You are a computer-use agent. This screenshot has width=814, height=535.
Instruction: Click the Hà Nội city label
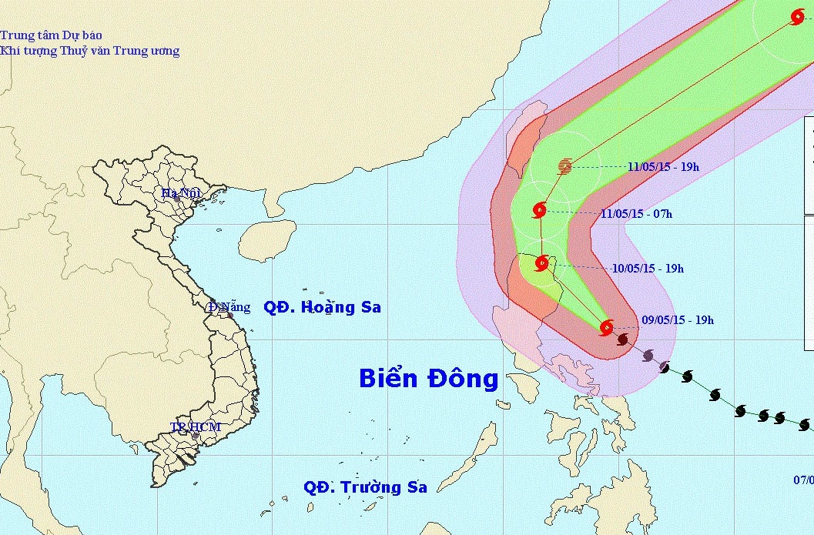[179, 193]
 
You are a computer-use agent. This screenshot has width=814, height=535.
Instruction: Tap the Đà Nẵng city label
[229, 307]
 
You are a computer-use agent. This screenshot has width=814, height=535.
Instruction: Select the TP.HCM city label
[196, 427]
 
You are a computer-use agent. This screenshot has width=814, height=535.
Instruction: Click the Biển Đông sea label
[429, 379]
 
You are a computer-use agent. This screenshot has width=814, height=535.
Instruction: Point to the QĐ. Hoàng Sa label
[322, 307]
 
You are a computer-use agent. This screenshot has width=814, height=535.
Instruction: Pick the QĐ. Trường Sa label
[365, 487]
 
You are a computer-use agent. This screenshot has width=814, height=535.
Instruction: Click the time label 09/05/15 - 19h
[677, 320]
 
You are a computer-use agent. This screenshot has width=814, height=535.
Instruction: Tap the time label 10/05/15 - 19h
[648, 269]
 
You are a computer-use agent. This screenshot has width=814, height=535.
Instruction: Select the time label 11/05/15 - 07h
[635, 214]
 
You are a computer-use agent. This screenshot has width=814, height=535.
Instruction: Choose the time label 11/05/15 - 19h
[663, 166]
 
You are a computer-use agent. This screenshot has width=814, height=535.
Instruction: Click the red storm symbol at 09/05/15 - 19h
[606, 328]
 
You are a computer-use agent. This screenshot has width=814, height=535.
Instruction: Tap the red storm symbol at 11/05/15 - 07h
[539, 209]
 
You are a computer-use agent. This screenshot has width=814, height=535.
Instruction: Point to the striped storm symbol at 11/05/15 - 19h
[565, 166]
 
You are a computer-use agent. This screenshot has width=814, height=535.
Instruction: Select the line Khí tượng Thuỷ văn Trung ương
[90, 51]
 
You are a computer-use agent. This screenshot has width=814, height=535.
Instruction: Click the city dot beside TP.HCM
[196, 436]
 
